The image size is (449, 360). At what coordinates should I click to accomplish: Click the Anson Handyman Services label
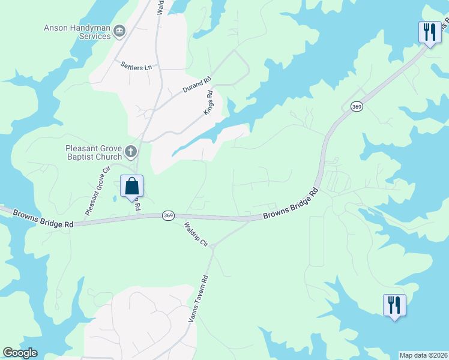click(77, 31)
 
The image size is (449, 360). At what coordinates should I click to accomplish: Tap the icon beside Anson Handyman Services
click(119, 31)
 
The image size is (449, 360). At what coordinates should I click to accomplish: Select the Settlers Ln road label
click(136, 66)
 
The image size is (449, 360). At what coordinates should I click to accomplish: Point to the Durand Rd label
click(197, 85)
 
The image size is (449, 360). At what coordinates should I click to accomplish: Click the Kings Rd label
click(209, 103)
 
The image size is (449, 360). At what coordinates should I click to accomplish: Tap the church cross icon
click(131, 151)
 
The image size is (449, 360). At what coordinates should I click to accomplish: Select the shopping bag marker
click(131, 186)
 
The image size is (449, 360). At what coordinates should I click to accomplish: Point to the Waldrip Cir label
click(196, 235)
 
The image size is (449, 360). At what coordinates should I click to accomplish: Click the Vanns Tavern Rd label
click(197, 299)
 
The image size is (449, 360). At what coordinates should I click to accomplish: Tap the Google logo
click(20, 353)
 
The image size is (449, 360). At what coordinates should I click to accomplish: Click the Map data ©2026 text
click(423, 355)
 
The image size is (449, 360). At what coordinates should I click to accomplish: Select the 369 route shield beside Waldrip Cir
click(169, 215)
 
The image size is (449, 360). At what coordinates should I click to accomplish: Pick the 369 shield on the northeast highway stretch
click(357, 106)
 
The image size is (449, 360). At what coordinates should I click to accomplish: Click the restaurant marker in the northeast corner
click(429, 32)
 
